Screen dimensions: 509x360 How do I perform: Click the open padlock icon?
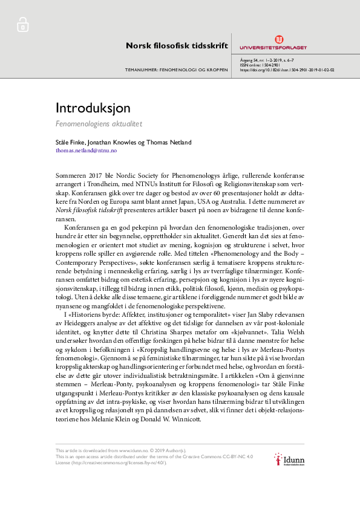[x=22, y=25]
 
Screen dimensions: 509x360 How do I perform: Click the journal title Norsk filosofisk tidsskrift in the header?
[x=177, y=45]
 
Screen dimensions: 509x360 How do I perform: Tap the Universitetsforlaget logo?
[x=273, y=43]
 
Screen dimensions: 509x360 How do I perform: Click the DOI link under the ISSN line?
[x=287, y=70]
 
